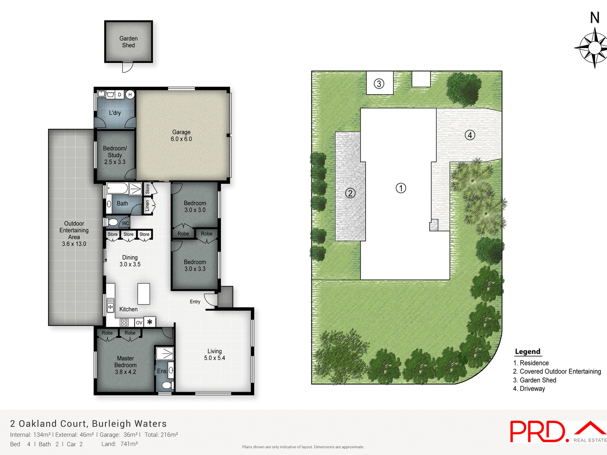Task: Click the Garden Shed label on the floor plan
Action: click(x=128, y=42)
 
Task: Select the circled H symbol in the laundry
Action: click(x=130, y=94)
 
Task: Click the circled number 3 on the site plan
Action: click(x=379, y=84)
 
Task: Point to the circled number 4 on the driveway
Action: click(x=470, y=135)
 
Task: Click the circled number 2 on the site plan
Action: click(x=350, y=193)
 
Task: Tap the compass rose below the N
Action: click(x=594, y=48)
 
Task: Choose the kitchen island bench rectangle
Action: click(x=144, y=294)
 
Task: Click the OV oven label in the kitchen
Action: click(x=139, y=323)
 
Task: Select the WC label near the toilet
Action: click(x=125, y=223)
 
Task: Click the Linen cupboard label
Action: click(x=147, y=205)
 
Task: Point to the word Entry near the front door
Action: click(x=195, y=302)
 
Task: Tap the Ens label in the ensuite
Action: click(x=162, y=371)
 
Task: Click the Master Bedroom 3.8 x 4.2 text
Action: click(x=126, y=365)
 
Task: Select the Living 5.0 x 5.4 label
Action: click(x=214, y=355)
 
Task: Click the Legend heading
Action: click(x=527, y=352)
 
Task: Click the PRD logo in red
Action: click(x=537, y=432)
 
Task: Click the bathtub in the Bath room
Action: click(x=117, y=189)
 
